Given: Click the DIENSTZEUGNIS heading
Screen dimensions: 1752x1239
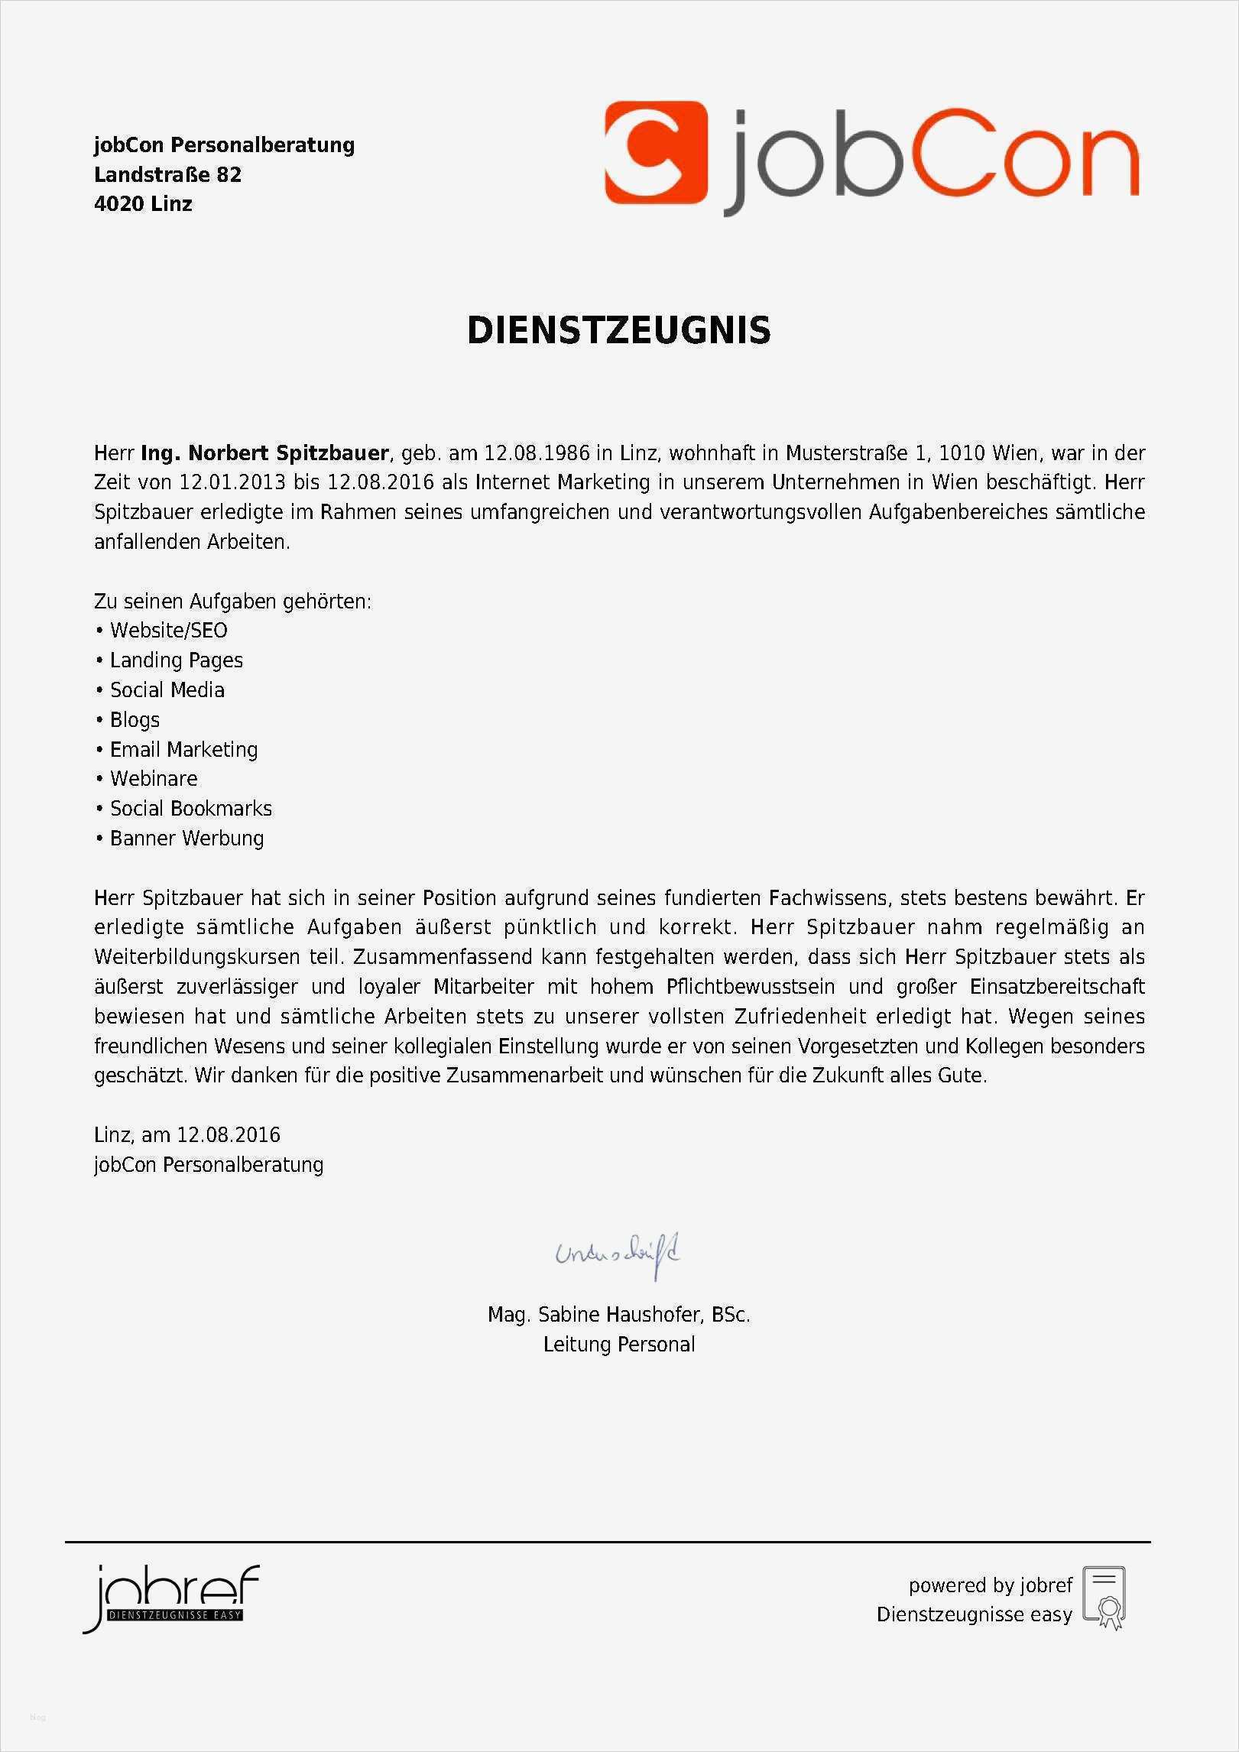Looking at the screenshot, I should click(618, 330).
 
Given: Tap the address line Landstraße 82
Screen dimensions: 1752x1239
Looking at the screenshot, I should click(167, 175).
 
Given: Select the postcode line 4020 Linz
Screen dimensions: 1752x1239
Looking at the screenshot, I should click(143, 204).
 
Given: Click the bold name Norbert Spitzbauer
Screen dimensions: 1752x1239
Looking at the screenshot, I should click(288, 453).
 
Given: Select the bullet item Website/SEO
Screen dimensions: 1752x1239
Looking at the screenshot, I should click(168, 631).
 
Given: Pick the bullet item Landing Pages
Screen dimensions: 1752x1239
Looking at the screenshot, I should click(176, 660).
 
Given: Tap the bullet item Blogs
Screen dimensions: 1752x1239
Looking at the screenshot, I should click(135, 720).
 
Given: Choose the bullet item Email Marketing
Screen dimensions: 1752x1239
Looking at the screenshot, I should click(183, 750).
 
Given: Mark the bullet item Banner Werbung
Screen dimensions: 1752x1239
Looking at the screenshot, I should click(186, 839).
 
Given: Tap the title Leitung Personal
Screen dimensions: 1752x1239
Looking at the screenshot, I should click(619, 1345).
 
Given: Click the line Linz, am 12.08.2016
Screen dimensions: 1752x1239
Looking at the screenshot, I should click(186, 1134).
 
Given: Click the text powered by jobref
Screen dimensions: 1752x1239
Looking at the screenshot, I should click(990, 1585).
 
